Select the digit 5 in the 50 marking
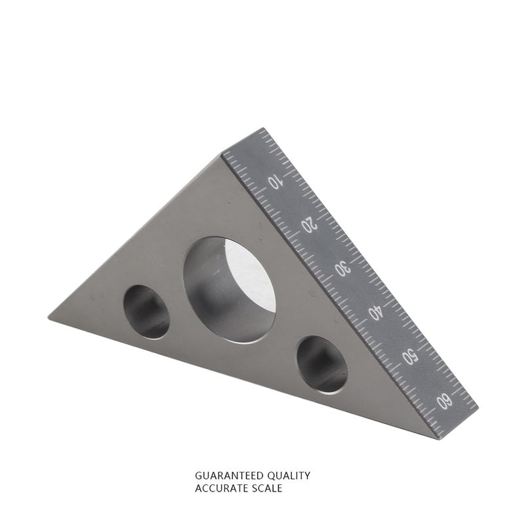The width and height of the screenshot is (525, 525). click(x=412, y=360)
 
